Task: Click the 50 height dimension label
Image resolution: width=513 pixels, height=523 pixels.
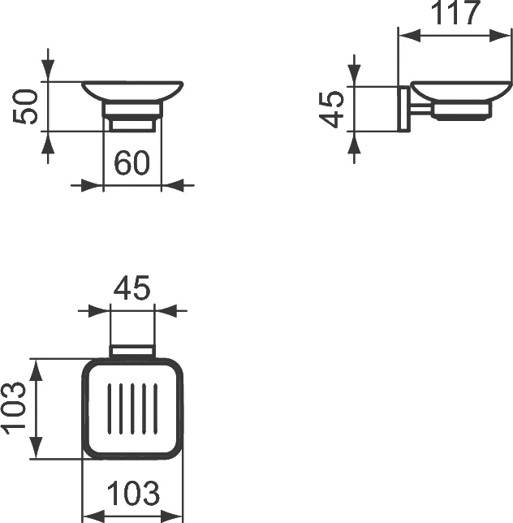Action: click(x=28, y=106)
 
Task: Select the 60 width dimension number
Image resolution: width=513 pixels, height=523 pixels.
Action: click(x=132, y=163)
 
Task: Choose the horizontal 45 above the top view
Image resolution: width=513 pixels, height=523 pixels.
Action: click(x=131, y=288)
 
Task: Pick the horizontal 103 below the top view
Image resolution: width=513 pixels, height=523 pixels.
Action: click(x=133, y=493)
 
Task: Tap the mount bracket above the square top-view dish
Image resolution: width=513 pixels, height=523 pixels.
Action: click(x=131, y=351)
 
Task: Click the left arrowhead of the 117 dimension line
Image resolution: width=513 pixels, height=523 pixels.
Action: click(x=405, y=37)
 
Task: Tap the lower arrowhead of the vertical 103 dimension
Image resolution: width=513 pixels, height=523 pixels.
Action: click(x=36, y=451)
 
